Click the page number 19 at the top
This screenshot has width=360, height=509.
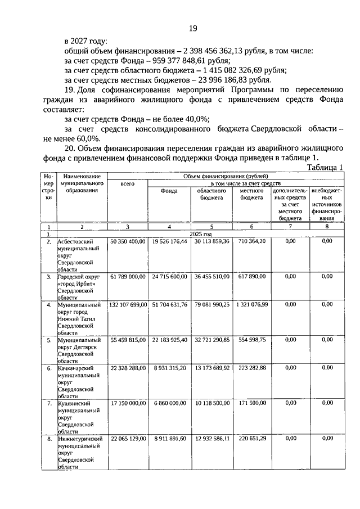pos(192,29)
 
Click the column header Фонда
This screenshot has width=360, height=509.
pos(169,191)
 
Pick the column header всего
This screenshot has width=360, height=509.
pos(128,184)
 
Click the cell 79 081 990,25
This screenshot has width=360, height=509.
pos(211,305)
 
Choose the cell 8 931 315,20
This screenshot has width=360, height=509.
pos(169,368)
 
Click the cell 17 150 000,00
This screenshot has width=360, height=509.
pos(128,404)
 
